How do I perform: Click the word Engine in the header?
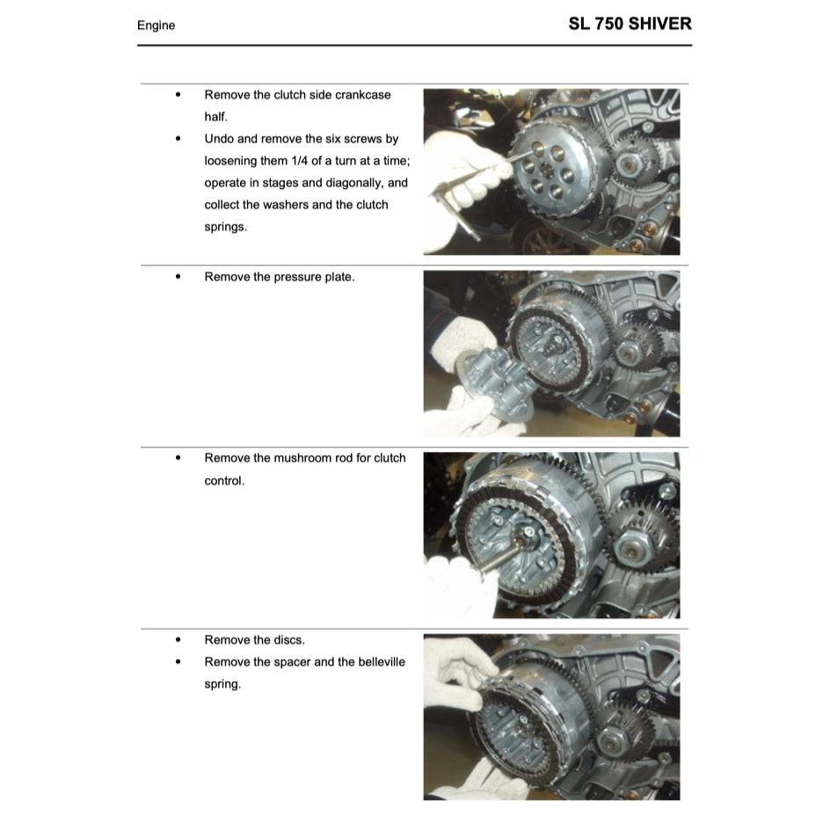pos(156,25)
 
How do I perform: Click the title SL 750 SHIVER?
pos(630,24)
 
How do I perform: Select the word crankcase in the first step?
pos(357,95)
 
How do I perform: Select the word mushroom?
pos(305,458)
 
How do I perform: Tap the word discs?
pos(289,640)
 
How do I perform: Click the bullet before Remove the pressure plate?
pos(178,277)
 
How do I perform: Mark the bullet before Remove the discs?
pos(178,640)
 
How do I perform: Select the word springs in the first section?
pos(223,227)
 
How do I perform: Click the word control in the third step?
pos(224,481)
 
